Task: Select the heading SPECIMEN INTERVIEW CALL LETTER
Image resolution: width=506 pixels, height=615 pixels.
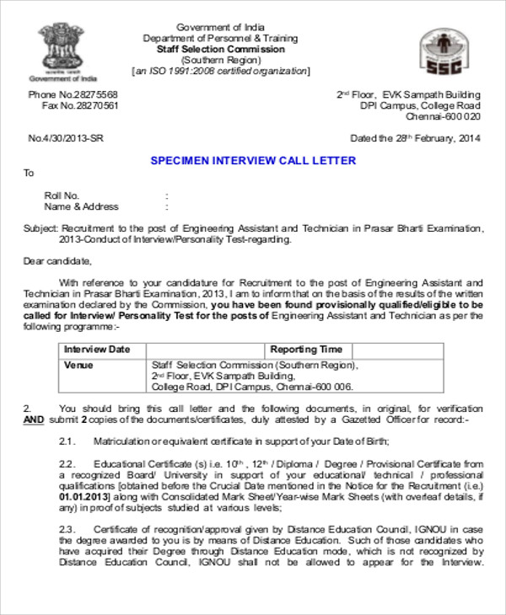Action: tap(253, 160)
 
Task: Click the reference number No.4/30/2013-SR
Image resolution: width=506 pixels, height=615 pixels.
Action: tap(67, 138)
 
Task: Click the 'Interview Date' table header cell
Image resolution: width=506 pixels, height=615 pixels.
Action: tap(98, 350)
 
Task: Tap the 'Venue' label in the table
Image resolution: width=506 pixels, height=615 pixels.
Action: tap(78, 366)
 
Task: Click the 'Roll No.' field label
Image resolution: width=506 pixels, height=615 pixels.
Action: tap(62, 195)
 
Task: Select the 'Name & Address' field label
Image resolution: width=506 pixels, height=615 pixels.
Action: tap(81, 206)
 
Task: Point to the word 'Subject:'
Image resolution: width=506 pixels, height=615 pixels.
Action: tap(40, 228)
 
